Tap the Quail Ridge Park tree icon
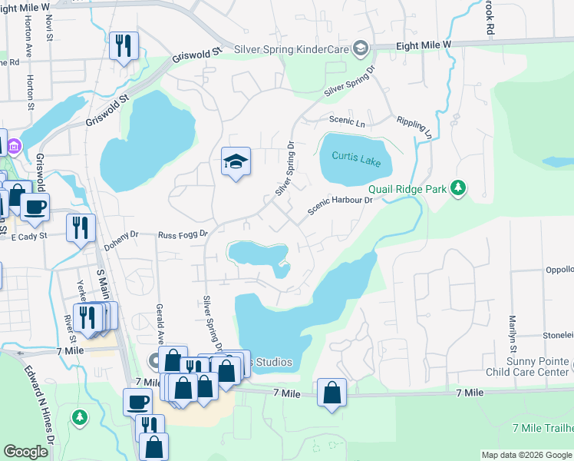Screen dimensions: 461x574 458,188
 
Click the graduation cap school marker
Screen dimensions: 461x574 236,162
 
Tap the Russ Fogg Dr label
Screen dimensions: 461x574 183,234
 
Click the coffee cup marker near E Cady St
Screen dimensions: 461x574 35,206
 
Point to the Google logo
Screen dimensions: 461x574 27,453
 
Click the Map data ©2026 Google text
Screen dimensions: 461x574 526,455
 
